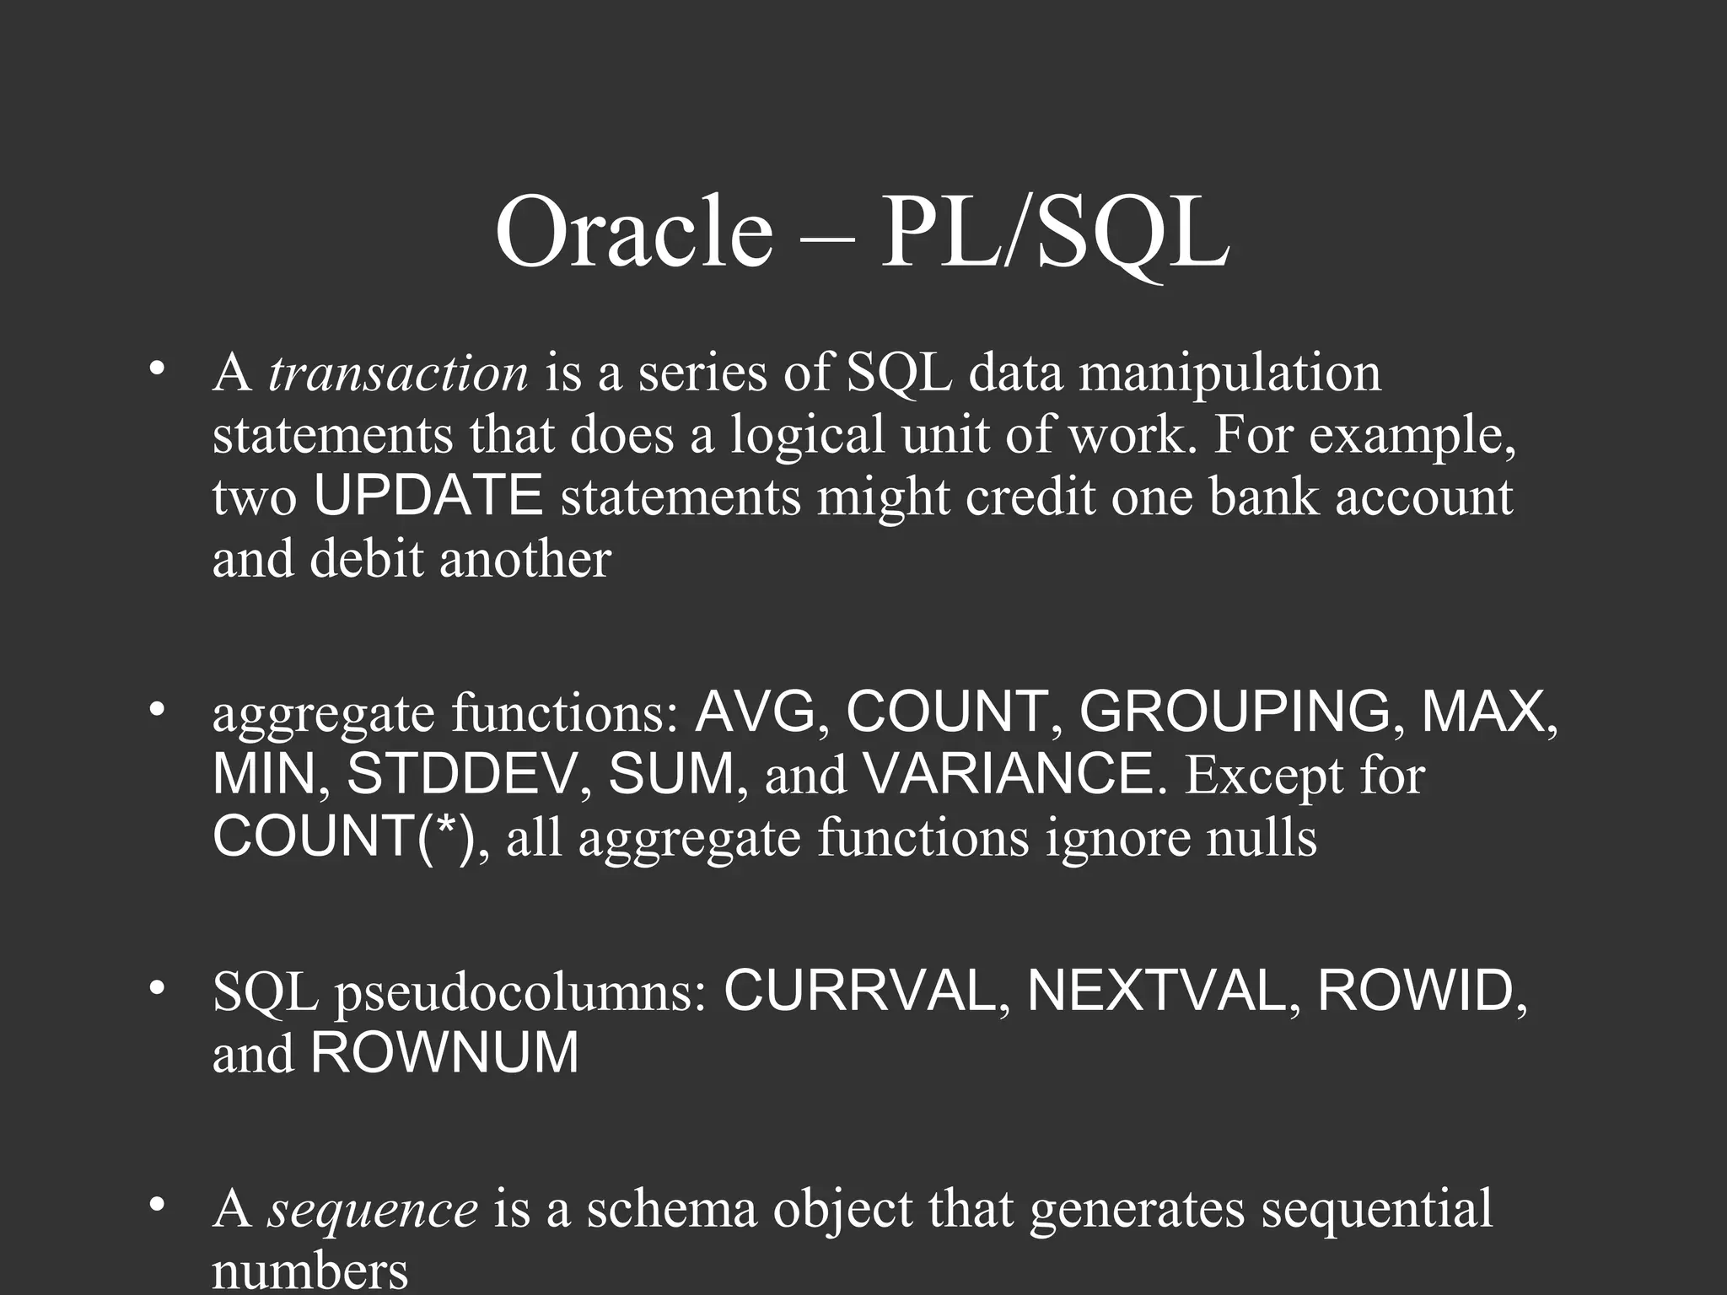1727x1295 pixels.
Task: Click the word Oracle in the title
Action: tap(633, 231)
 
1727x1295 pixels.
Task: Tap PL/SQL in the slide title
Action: tap(1054, 231)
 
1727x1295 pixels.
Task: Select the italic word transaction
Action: tap(398, 373)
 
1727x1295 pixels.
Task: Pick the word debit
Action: tap(366, 560)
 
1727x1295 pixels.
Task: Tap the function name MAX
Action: tap(1487, 712)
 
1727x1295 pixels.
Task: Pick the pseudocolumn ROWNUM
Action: tap(444, 1053)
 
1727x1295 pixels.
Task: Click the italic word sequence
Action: tap(373, 1209)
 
